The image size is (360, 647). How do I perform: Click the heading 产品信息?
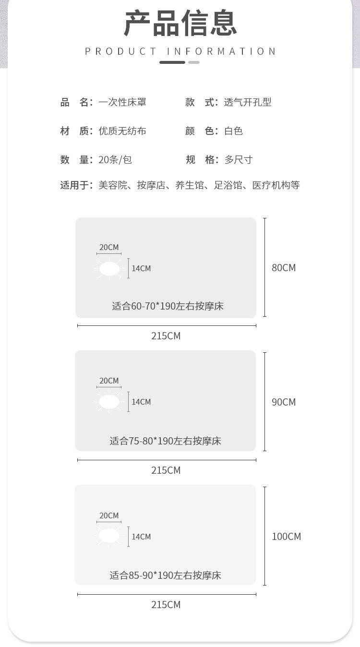(x=180, y=23)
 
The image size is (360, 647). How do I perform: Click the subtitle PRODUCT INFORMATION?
(x=180, y=51)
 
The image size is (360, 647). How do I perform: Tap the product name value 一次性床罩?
(x=122, y=102)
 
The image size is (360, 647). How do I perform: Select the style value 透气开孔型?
(x=248, y=102)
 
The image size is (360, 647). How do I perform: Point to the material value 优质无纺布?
(x=122, y=131)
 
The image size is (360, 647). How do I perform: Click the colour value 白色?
(x=233, y=131)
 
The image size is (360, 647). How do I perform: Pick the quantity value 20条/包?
(x=115, y=160)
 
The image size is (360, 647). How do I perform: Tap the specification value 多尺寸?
(x=238, y=160)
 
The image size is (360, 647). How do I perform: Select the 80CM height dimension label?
(x=284, y=268)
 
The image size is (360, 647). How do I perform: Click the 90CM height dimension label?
(x=284, y=402)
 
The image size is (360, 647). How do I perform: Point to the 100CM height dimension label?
(x=286, y=537)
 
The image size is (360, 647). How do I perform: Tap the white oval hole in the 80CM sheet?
(x=109, y=269)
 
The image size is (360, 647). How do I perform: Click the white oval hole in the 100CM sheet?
(x=109, y=536)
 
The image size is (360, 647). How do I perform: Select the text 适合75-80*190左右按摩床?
(x=165, y=441)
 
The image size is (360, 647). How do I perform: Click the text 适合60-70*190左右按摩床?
(x=168, y=306)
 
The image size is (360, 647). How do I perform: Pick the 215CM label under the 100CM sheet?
(x=166, y=605)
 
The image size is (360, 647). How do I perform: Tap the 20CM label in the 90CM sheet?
(x=109, y=381)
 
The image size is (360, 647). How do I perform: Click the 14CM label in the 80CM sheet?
(x=141, y=269)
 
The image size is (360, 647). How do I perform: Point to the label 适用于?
(x=76, y=185)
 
